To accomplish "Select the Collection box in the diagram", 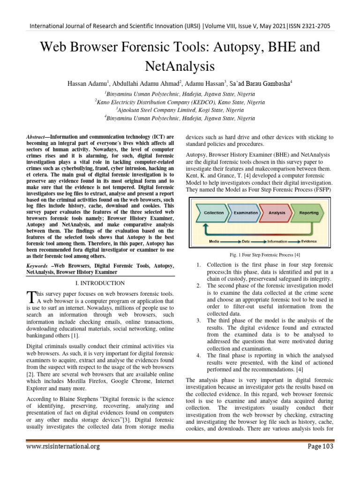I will pyautogui.click(x=213, y=212).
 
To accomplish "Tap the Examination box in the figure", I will pyautogui.click(x=246, y=212).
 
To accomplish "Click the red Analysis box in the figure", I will pyautogui.click(x=277, y=212).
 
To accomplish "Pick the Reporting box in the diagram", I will pyautogui.click(x=309, y=212).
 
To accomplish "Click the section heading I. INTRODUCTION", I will pyautogui.click(x=100, y=283).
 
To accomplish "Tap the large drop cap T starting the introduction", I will pyautogui.click(x=31, y=296).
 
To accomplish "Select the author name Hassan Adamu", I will pyautogui.click(x=89, y=83).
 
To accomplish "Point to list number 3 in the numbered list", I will pyautogui.click(x=198, y=320).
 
